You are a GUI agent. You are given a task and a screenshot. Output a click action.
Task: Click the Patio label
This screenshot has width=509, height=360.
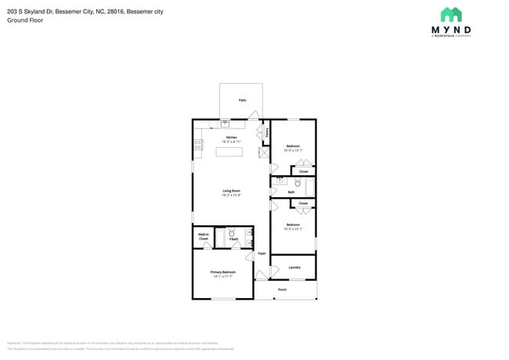pyautogui.click(x=242, y=101)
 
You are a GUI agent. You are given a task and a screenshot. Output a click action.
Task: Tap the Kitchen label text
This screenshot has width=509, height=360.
pyautogui.click(x=232, y=138)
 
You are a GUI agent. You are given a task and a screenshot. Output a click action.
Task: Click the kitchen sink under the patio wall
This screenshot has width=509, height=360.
pyautogui.click(x=226, y=123)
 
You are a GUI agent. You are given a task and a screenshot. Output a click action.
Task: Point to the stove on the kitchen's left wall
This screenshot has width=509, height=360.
pyautogui.click(x=197, y=144)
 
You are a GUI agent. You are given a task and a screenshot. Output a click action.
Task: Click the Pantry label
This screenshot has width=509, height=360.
pyautogui.click(x=267, y=132)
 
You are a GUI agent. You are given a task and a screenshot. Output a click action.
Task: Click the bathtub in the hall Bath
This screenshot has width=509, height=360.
pyautogui.click(x=310, y=187)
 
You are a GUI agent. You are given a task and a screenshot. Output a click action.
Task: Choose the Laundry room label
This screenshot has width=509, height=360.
pyautogui.click(x=294, y=268)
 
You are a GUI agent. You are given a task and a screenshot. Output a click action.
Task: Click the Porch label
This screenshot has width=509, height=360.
pyautogui.click(x=282, y=290)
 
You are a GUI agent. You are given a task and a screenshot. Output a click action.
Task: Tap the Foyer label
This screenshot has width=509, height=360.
pyautogui.click(x=262, y=254)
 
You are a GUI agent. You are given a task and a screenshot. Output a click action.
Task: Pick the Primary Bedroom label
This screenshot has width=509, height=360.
pyautogui.click(x=222, y=272)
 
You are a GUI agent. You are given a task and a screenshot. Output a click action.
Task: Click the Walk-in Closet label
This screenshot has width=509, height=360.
pyautogui.click(x=203, y=236)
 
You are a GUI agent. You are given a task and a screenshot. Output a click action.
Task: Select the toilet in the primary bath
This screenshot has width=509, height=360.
pyautogui.click(x=232, y=233)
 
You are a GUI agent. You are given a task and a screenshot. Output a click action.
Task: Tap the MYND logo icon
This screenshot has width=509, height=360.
pyautogui.click(x=450, y=15)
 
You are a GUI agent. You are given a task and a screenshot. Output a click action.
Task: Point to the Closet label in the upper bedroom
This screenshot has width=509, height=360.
pyautogui.click(x=303, y=171)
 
